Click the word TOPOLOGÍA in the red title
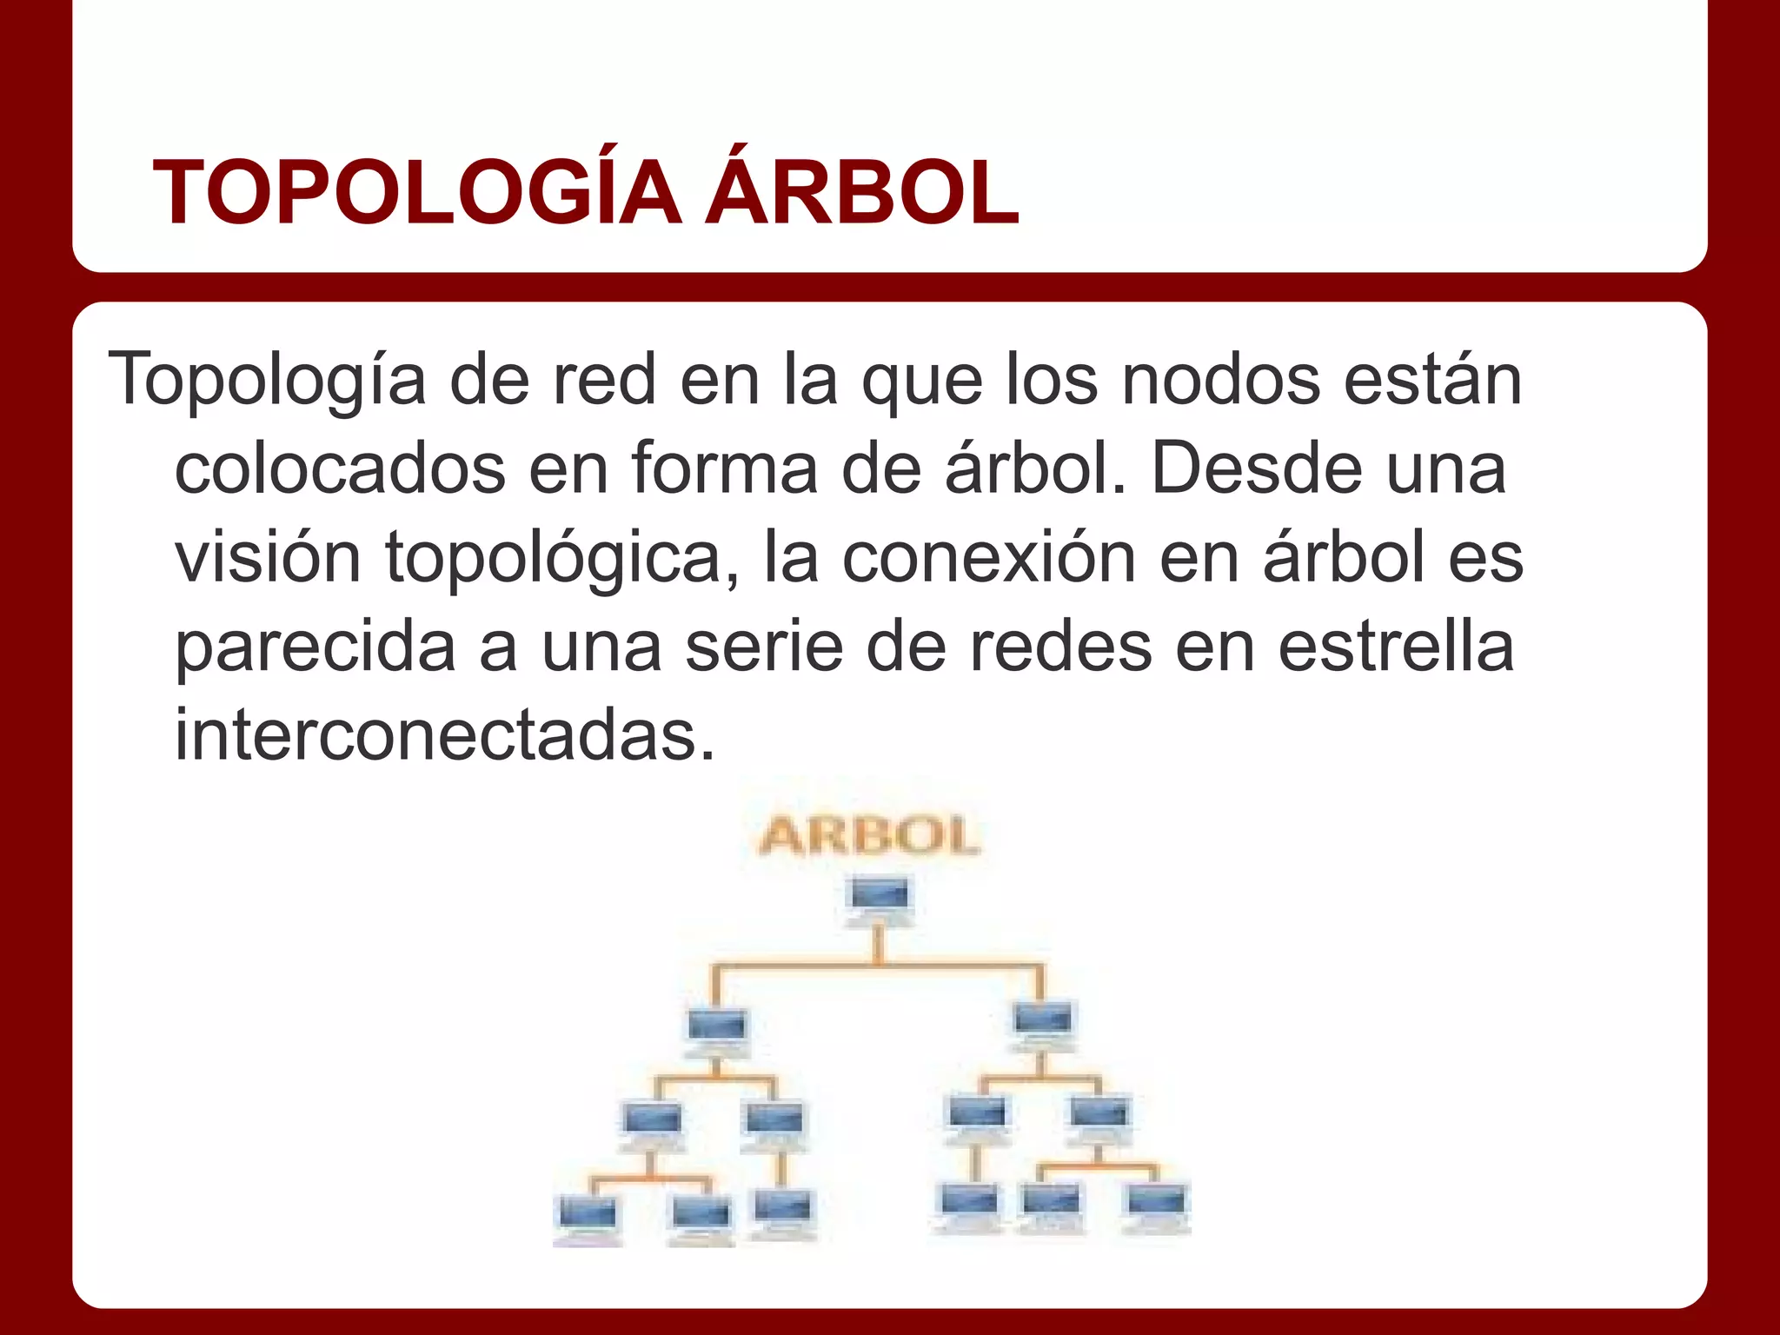click(x=416, y=194)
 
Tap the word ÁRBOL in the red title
click(x=861, y=194)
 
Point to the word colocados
click(x=340, y=469)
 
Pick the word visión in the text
click(x=268, y=558)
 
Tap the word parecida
click(x=315, y=649)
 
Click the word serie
click(x=763, y=648)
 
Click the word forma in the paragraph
click(x=724, y=469)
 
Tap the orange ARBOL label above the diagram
click(x=869, y=836)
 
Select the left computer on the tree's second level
click(x=717, y=1030)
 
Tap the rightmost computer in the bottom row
click(x=1157, y=1206)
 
